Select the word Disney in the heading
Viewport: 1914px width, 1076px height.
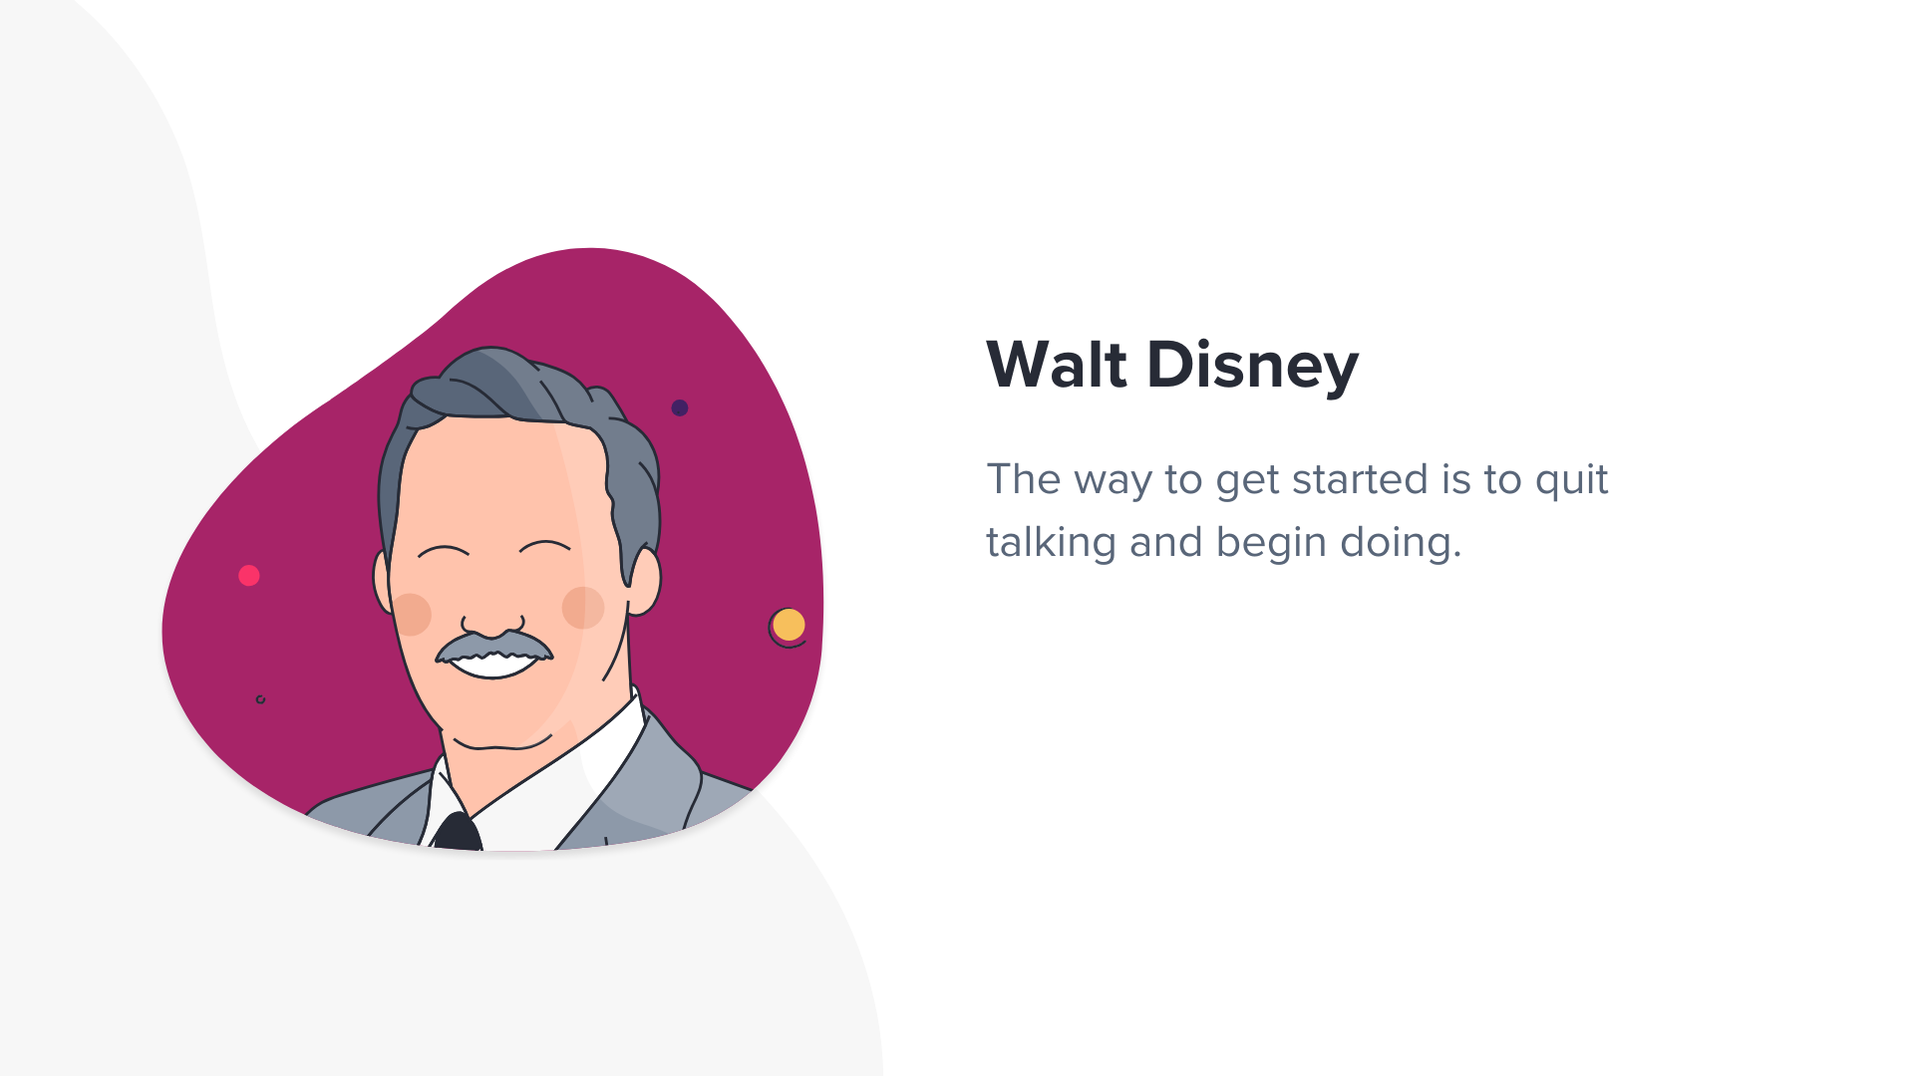click(1253, 367)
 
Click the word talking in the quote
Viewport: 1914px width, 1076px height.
click(1052, 543)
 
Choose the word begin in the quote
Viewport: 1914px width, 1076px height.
click(1271, 543)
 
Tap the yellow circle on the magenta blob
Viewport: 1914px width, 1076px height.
click(789, 625)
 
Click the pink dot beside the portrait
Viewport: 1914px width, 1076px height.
click(249, 575)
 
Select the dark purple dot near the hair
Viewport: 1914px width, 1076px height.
click(680, 407)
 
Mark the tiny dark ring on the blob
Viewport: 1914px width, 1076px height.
click(260, 699)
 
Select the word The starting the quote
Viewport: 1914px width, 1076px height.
click(1023, 479)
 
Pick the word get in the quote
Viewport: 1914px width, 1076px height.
click(1247, 483)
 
